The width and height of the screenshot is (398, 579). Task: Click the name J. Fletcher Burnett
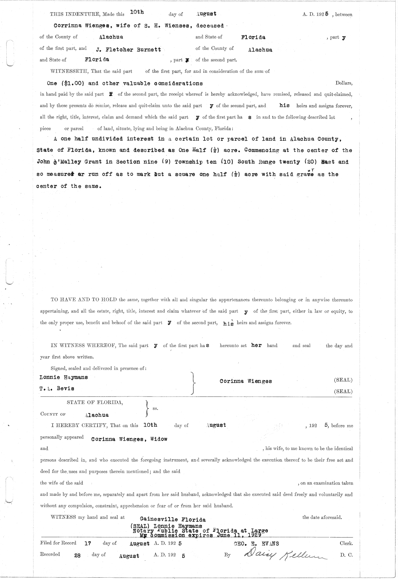(x=128, y=50)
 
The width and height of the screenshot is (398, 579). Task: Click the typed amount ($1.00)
(x=74, y=83)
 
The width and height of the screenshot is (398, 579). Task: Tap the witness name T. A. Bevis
(x=57, y=388)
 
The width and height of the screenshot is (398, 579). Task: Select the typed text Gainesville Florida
(x=172, y=519)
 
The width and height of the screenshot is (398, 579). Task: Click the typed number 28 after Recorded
(x=77, y=555)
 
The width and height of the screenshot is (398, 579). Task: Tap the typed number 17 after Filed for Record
(x=88, y=543)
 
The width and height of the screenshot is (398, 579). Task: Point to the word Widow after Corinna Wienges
(x=159, y=439)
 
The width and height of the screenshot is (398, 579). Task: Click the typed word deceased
(x=210, y=26)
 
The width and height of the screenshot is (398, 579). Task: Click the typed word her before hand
(x=256, y=345)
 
